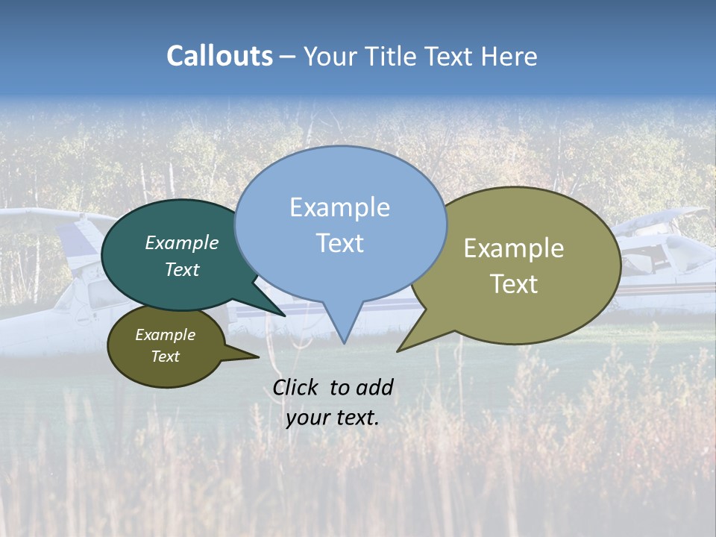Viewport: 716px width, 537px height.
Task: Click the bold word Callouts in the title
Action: click(219, 56)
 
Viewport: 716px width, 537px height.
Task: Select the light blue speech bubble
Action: click(341, 186)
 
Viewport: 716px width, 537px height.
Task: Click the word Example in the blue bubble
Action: click(339, 207)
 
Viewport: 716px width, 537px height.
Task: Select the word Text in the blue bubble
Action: click(339, 243)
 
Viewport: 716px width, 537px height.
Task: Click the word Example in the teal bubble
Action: click(181, 243)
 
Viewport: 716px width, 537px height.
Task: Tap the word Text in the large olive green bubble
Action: click(514, 284)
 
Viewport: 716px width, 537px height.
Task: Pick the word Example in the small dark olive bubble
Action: click(165, 336)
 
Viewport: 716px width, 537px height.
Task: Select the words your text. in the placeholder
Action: click(333, 418)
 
